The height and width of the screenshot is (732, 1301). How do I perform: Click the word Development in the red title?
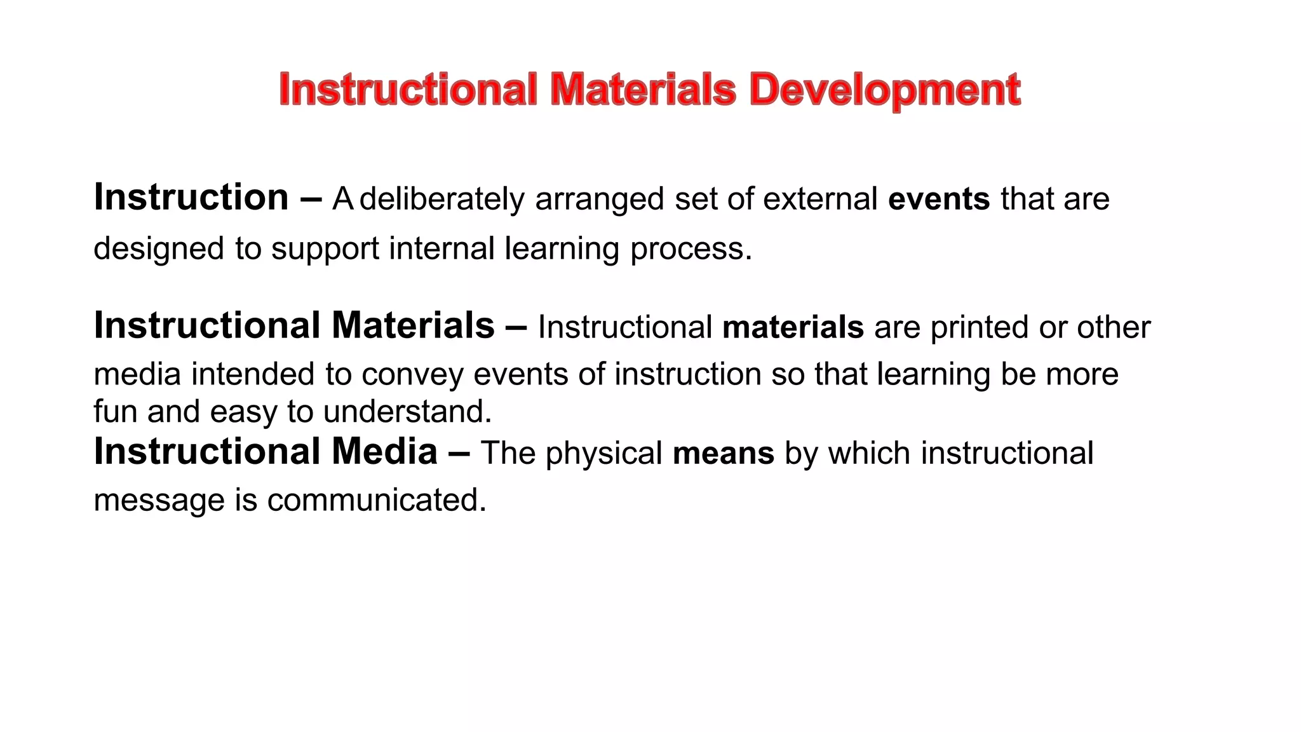pyautogui.click(x=884, y=90)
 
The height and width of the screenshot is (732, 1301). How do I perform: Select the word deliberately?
pyautogui.click(x=442, y=200)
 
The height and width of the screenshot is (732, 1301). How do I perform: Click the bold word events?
pyautogui.click(x=938, y=200)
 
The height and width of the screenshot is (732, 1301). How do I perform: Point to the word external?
pyautogui.click(x=820, y=200)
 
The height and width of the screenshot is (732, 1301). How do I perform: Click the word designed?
pyautogui.click(x=159, y=249)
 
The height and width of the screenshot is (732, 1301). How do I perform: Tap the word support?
pyautogui.click(x=325, y=249)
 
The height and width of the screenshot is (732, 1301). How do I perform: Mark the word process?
pyautogui.click(x=691, y=249)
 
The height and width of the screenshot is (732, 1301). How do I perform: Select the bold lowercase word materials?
pyautogui.click(x=793, y=328)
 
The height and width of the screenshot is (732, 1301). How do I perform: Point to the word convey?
pyautogui.click(x=413, y=375)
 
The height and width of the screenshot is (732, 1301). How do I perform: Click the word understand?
pyautogui.click(x=407, y=412)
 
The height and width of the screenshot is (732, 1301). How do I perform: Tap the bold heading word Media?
pyautogui.click(x=384, y=452)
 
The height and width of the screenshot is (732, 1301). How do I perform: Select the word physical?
pyautogui.click(x=603, y=454)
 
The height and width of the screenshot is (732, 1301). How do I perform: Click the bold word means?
pyautogui.click(x=723, y=454)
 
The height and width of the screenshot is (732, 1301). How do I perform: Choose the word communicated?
pyautogui.click(x=376, y=501)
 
